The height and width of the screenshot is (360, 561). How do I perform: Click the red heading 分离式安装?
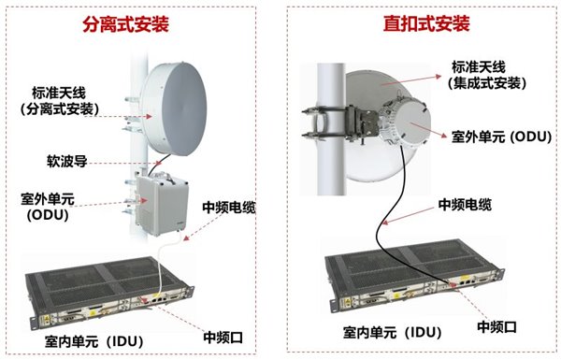pyautogui.click(x=125, y=24)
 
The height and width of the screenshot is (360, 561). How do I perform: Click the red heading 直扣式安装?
pyautogui.click(x=426, y=23)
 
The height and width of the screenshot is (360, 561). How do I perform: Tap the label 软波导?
pyautogui.click(x=67, y=161)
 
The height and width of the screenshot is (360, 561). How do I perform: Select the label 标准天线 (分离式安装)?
pyautogui.click(x=60, y=101)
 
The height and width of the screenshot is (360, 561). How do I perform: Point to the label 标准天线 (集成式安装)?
pyautogui.click(x=487, y=76)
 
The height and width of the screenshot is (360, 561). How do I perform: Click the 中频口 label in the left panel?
pyautogui.click(x=223, y=338)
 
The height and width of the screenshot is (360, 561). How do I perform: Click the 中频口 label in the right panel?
pyautogui.click(x=497, y=326)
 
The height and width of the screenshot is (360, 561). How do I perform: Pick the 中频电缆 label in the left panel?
pyautogui.click(x=229, y=208)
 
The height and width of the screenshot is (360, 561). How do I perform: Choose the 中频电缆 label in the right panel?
pyautogui.click(x=465, y=205)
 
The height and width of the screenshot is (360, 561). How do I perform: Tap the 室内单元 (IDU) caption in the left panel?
pyautogui.click(x=94, y=341)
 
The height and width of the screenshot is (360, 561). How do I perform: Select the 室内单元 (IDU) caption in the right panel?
pyautogui.click(x=392, y=333)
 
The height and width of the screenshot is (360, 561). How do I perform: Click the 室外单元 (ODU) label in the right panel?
pyautogui.click(x=501, y=137)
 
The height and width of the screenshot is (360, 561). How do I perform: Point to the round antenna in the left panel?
pyautogui.click(x=174, y=108)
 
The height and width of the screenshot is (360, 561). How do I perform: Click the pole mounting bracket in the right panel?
pyautogui.click(x=340, y=122)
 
